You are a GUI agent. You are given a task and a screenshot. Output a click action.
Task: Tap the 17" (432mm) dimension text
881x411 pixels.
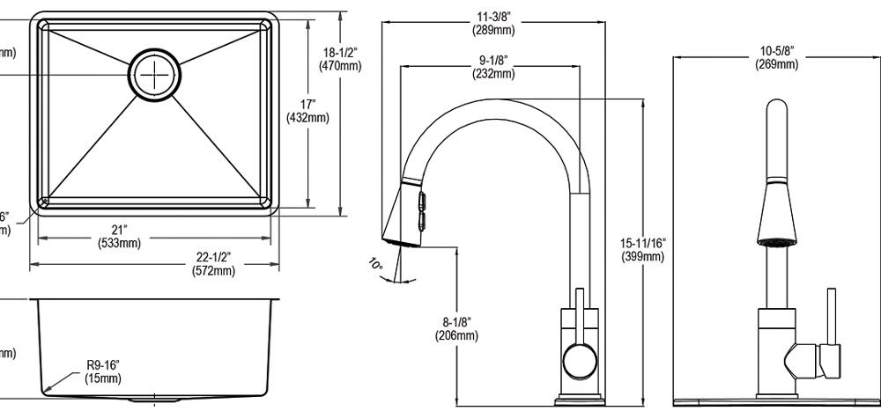click(x=308, y=112)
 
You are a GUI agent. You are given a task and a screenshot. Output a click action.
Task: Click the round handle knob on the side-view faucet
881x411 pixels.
click(x=578, y=360)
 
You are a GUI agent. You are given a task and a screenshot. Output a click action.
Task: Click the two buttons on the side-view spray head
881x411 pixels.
click(x=421, y=209)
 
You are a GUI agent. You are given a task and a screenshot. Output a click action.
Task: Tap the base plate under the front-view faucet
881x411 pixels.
click(x=775, y=400)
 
